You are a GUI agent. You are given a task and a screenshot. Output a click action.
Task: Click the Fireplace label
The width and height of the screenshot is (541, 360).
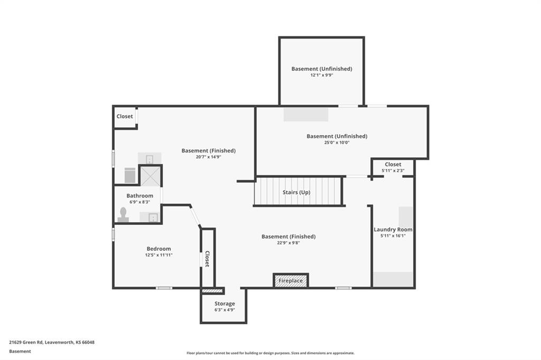(x=291, y=281)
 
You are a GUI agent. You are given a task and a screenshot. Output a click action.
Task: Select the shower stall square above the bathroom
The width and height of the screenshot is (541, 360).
(x=150, y=176)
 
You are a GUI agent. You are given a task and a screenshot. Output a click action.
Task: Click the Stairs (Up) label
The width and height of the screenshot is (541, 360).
(x=296, y=192)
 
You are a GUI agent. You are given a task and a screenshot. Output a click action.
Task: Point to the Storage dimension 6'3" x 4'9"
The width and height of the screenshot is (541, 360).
(x=225, y=310)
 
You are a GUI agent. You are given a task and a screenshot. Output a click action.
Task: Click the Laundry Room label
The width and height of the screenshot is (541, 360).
(x=393, y=229)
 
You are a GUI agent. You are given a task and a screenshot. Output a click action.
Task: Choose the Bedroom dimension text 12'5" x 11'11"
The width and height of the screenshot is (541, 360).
(x=158, y=255)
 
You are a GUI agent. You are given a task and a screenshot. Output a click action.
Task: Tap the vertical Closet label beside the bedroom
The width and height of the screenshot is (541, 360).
(x=207, y=259)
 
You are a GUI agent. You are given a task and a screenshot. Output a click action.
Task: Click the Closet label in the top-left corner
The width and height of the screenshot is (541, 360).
(x=125, y=116)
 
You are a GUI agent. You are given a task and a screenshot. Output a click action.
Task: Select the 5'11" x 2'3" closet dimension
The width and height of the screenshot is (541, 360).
(x=393, y=170)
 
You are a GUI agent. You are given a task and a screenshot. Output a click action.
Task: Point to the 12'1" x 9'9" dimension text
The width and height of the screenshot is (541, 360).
(x=322, y=75)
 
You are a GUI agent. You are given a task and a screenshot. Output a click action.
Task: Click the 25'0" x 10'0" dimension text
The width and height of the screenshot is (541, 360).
(x=337, y=143)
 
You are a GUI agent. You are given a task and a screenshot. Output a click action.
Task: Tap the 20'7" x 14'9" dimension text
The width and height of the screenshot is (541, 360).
(x=208, y=157)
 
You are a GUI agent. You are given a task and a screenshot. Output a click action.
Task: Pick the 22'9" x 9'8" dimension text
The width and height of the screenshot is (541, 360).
(x=288, y=243)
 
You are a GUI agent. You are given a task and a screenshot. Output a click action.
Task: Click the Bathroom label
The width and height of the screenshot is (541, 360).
(x=139, y=195)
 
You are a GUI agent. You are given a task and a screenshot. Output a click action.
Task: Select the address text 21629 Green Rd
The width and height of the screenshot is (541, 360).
(x=26, y=343)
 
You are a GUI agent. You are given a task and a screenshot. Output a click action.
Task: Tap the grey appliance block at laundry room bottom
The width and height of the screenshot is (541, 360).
(x=393, y=279)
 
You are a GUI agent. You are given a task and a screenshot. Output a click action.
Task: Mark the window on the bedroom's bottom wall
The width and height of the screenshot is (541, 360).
(x=164, y=288)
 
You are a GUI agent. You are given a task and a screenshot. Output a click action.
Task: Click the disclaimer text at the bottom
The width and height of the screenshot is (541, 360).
(x=270, y=353)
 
